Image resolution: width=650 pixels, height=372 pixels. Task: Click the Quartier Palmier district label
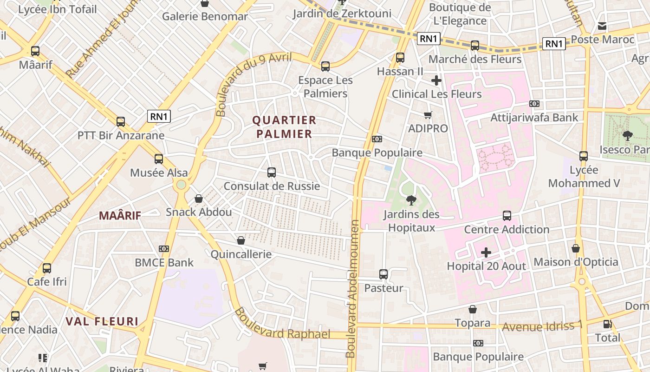284,127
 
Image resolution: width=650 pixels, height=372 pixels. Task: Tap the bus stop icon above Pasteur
383,274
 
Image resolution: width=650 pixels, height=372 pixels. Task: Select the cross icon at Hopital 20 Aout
486,252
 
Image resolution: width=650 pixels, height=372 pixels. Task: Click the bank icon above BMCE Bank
163,249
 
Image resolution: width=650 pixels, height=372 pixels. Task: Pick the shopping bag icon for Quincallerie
240,240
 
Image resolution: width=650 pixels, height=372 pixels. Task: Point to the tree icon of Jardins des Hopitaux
411,200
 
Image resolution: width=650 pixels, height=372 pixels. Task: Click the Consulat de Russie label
272,186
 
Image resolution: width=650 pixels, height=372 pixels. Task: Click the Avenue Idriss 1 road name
542,326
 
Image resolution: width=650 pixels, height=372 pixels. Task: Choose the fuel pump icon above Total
607,324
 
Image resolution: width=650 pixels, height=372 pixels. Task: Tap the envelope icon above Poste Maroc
602,26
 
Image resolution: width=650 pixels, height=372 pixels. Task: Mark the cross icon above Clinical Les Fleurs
436,80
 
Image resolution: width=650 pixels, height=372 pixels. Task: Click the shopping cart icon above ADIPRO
428,115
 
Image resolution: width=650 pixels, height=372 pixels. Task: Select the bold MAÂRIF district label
120,215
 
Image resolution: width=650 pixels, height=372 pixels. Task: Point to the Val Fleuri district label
102,321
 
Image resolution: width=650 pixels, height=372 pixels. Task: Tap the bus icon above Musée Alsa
159,159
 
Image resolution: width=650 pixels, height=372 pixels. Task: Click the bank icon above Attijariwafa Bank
534,104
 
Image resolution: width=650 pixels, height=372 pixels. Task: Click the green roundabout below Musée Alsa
181,185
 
